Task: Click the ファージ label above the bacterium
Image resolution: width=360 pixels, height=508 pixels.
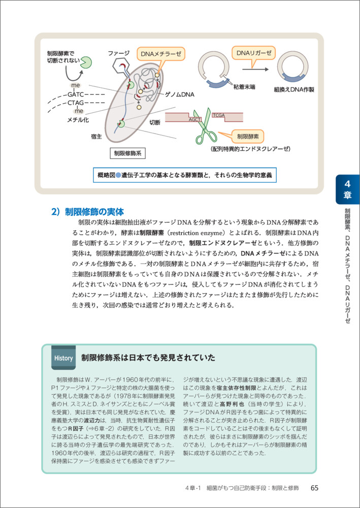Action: click(x=119, y=53)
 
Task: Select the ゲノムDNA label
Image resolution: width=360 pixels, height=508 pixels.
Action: click(x=180, y=95)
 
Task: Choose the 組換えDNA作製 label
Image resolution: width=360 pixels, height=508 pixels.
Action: click(x=294, y=89)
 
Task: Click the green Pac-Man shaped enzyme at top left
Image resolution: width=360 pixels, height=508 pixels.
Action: click(x=85, y=62)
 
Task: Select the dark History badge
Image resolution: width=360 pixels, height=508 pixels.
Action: click(x=63, y=358)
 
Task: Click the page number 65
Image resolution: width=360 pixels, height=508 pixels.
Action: click(x=314, y=488)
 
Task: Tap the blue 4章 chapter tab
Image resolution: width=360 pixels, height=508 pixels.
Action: click(x=348, y=189)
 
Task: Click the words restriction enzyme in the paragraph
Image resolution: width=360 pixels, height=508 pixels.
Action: click(x=199, y=233)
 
